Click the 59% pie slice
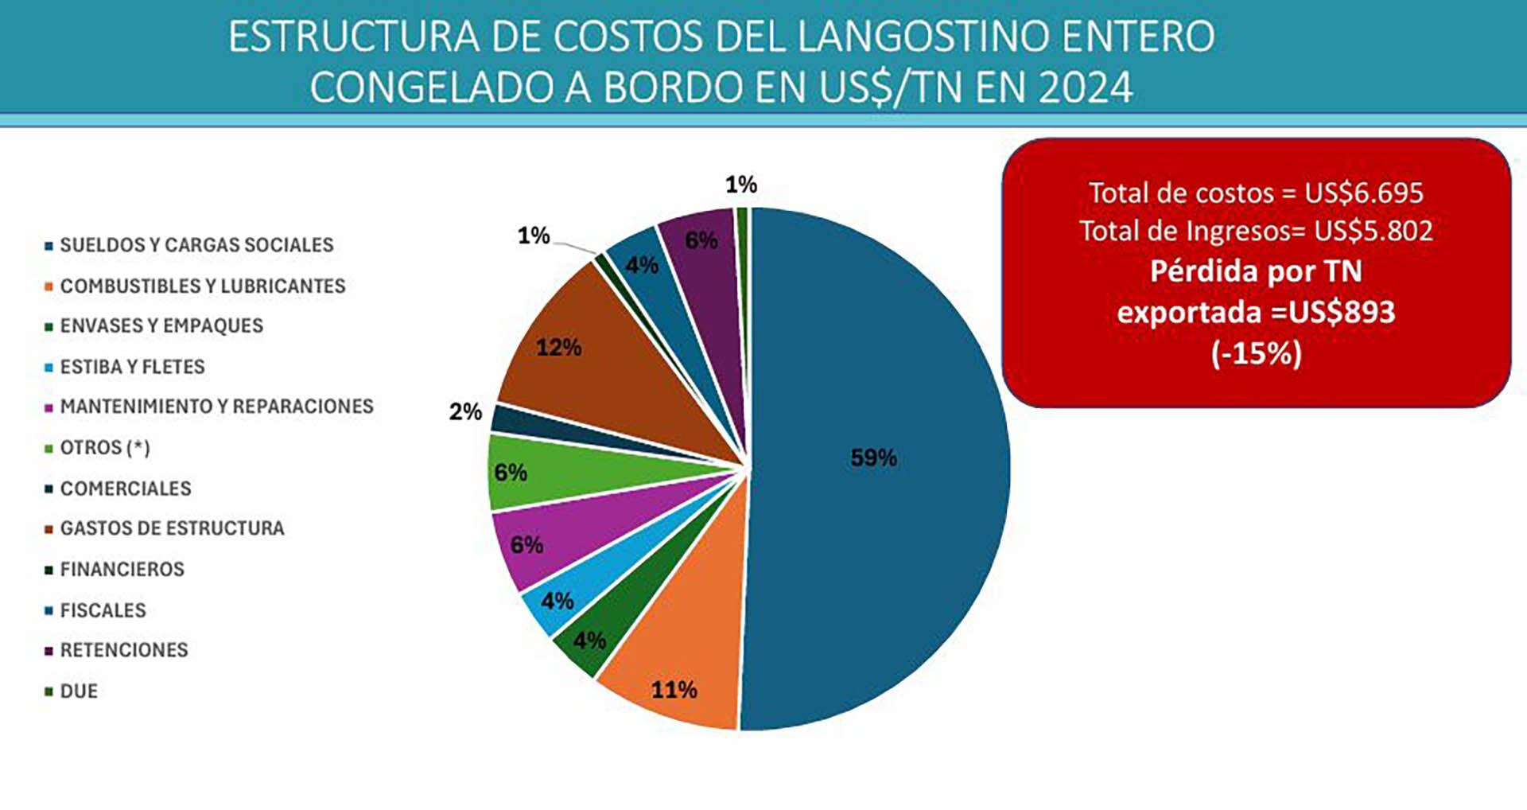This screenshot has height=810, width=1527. [x=875, y=469]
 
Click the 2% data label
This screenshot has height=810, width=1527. [x=465, y=412]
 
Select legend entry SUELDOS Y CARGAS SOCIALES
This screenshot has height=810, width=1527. [x=196, y=245]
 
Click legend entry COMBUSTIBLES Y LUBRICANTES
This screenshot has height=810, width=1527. [x=203, y=286]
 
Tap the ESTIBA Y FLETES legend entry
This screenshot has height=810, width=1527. [x=132, y=367]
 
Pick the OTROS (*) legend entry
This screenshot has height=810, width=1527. [x=105, y=448]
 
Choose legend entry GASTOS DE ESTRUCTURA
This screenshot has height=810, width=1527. [x=172, y=528]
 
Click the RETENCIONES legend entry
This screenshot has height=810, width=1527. [x=124, y=650]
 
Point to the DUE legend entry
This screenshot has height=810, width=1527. [x=79, y=691]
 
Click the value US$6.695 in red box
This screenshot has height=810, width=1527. [x=1363, y=193]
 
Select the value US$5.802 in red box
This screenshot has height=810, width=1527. [x=1373, y=231]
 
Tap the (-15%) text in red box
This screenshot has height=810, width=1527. [x=1257, y=353]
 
